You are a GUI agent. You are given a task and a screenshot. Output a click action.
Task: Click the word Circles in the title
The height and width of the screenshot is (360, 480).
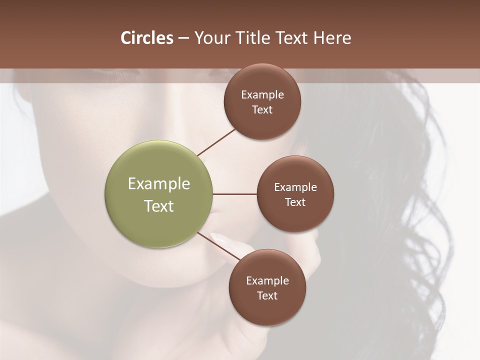pyautogui.click(x=147, y=38)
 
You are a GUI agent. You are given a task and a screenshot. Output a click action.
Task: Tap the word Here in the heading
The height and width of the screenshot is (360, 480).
pyautogui.click(x=332, y=38)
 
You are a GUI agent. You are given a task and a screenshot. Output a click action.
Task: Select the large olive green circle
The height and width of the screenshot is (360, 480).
pyautogui.click(x=159, y=194)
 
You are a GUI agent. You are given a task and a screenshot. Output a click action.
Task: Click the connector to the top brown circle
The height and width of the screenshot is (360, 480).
pyautogui.click(x=217, y=142)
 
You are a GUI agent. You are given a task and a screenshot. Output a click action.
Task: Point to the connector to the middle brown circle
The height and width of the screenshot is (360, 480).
pyautogui.click(x=235, y=194)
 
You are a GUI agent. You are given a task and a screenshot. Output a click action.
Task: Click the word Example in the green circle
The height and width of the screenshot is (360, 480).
pyautogui.click(x=159, y=184)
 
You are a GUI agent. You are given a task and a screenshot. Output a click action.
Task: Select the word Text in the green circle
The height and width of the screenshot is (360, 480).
pyautogui.click(x=159, y=206)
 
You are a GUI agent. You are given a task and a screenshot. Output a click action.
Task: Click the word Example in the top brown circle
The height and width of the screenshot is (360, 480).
pyautogui.click(x=262, y=95)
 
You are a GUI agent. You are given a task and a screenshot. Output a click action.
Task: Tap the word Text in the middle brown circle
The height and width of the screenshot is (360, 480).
pyautogui.click(x=295, y=202)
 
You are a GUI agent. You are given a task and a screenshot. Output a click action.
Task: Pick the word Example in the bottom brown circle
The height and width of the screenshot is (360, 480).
pyautogui.click(x=267, y=281)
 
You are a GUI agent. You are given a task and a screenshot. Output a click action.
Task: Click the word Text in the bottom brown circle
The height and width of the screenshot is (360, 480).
pyautogui.click(x=267, y=296)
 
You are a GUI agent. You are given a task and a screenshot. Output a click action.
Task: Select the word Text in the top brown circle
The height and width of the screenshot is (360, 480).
pyautogui.click(x=262, y=110)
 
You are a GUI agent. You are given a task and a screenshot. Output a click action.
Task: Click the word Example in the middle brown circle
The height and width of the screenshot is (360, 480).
pyautogui.click(x=295, y=187)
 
